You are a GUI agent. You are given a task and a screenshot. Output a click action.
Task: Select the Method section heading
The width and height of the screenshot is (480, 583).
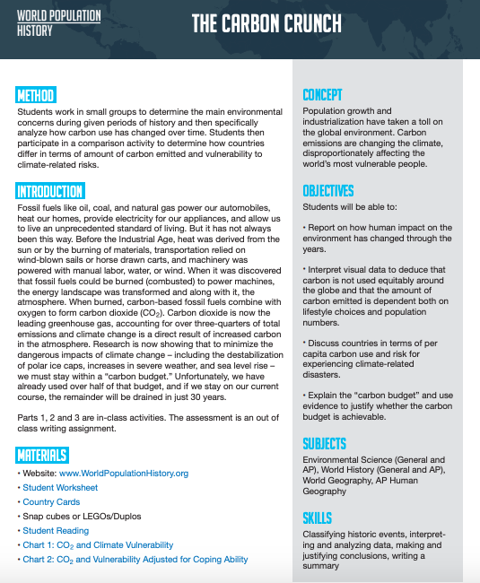[x=36, y=95]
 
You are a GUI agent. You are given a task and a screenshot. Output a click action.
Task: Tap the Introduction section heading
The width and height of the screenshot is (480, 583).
[x=50, y=191]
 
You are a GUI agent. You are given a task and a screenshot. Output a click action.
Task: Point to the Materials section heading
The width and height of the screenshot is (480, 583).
[x=42, y=456]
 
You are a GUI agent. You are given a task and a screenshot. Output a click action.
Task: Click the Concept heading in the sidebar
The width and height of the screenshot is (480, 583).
[x=322, y=95]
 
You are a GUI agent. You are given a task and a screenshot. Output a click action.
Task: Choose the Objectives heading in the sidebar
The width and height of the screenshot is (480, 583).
[x=327, y=191]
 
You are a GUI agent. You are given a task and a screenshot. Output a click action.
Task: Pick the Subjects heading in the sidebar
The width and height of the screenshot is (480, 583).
[x=325, y=445]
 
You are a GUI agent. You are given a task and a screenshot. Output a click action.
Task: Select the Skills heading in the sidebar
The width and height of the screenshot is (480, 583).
[x=317, y=518]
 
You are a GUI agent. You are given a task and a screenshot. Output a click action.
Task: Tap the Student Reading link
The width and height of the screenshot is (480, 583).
[x=55, y=531]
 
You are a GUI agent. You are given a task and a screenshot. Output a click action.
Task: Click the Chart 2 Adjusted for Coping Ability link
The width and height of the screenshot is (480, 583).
[x=135, y=560]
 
